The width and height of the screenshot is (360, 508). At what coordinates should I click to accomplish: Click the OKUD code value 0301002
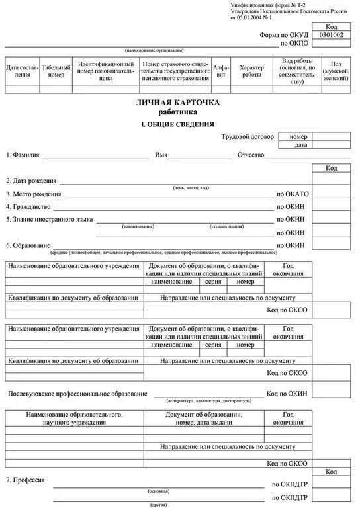click(332, 35)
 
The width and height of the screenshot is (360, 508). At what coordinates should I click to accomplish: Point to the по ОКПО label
click(293, 44)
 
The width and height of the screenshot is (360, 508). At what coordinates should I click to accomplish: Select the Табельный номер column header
click(56, 71)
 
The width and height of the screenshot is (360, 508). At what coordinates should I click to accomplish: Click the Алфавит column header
click(220, 71)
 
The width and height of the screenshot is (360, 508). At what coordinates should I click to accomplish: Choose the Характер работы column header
click(251, 71)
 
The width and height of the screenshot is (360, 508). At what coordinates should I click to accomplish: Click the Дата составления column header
click(22, 71)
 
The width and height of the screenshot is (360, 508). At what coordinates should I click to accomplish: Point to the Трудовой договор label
click(246, 136)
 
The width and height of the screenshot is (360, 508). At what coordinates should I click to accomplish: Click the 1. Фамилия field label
click(23, 155)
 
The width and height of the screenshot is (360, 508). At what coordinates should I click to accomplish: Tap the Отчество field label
click(251, 155)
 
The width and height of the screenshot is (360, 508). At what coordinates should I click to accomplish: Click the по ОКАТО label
click(292, 194)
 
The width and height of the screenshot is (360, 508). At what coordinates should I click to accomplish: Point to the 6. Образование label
click(28, 245)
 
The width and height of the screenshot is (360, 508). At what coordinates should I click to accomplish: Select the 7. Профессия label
click(25, 479)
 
